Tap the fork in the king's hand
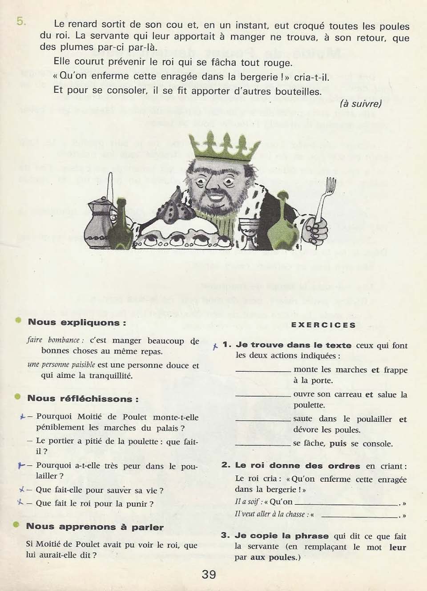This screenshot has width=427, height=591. tap(329, 198)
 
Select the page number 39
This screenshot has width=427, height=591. tap(209, 574)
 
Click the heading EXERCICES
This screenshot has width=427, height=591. tap(323, 325)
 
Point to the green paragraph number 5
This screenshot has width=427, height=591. tap(20, 21)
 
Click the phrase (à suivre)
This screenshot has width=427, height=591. tap(361, 104)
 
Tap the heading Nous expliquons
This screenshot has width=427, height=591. tap(77, 322)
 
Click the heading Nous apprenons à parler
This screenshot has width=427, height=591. tap(95, 526)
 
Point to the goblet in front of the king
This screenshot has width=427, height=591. tap(251, 229)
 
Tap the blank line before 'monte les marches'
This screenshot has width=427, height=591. tap(263, 371)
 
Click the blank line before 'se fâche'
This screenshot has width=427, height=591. tap(263, 445)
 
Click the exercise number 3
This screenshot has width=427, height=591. tap(226, 535)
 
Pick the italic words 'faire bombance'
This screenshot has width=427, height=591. tap(52, 340)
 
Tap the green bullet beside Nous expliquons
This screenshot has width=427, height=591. tap(18, 320)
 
